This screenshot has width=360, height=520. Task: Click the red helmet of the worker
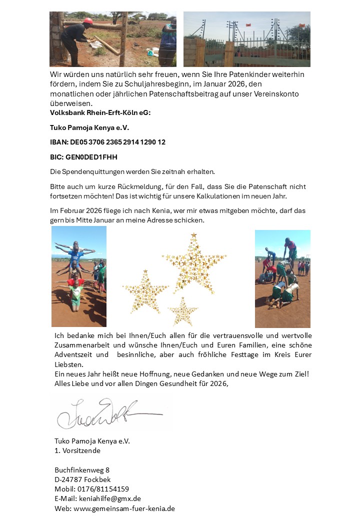[x=88, y=21]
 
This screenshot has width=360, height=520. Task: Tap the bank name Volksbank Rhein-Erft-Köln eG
[x=100, y=112]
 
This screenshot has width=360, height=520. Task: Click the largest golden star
[x=194, y=263]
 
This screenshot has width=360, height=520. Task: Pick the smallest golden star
[x=182, y=311]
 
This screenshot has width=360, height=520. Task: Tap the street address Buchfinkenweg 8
[x=81, y=470]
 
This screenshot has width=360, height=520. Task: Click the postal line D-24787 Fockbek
[x=82, y=479]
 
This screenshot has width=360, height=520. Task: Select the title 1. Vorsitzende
[x=77, y=450]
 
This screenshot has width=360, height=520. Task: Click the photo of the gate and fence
[x=246, y=39]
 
